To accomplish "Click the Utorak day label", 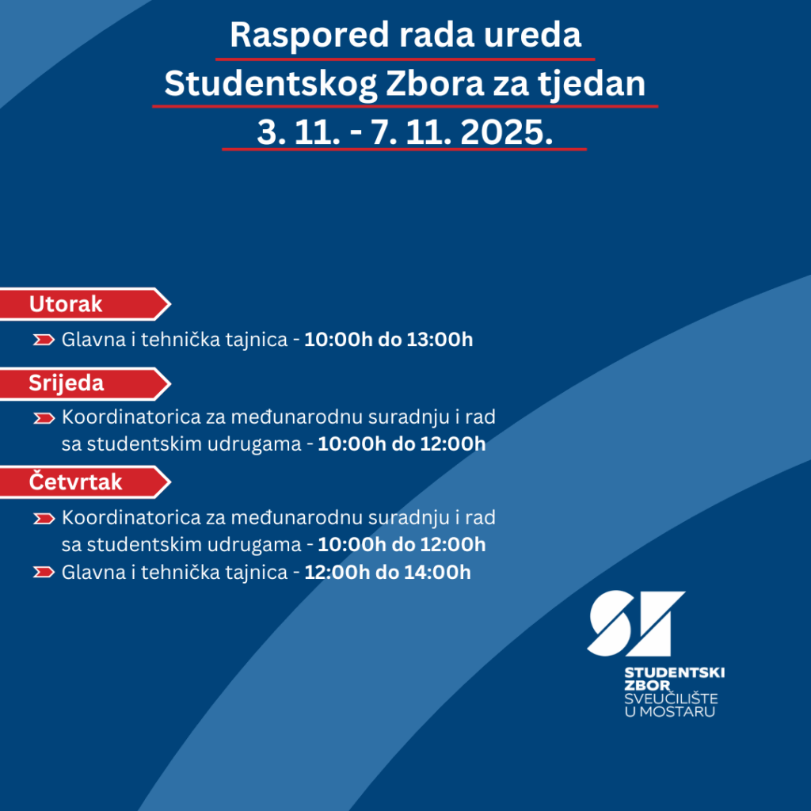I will (x=66, y=304).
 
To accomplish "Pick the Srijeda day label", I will (x=67, y=383).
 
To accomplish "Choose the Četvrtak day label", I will (x=76, y=482).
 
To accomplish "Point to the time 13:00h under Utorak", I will (x=440, y=341).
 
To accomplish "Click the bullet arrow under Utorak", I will (x=44, y=341).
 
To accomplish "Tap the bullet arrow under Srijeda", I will (x=44, y=417).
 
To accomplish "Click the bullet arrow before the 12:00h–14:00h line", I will (x=44, y=572).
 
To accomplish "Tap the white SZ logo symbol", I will (x=636, y=623).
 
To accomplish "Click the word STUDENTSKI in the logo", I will (x=674, y=672).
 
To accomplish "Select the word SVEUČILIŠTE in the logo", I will (x=671, y=699).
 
